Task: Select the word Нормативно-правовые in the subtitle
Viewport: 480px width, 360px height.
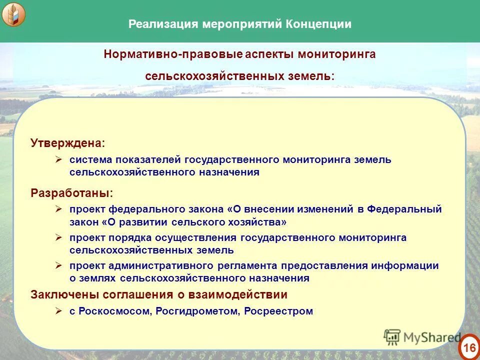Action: pyautogui.click(x=173, y=54)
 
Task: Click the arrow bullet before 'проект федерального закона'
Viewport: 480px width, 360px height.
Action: pyautogui.click(x=58, y=209)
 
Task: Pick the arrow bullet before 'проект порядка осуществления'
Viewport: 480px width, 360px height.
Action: pyautogui.click(x=58, y=237)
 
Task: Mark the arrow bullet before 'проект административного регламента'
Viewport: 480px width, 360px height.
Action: pyautogui.click(x=58, y=265)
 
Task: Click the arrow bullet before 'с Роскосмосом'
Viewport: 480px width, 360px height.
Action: pyautogui.click(x=58, y=311)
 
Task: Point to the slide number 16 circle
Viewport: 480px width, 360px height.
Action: pyautogui.click(x=468, y=347)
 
